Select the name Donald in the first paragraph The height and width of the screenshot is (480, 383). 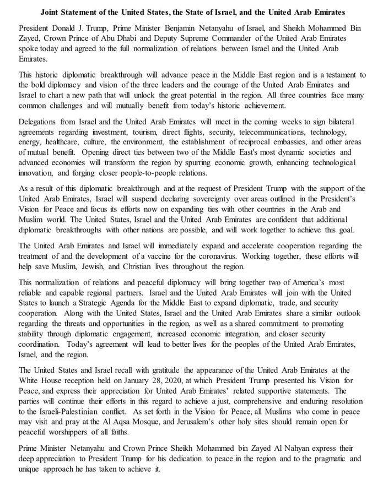pos(71,28)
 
